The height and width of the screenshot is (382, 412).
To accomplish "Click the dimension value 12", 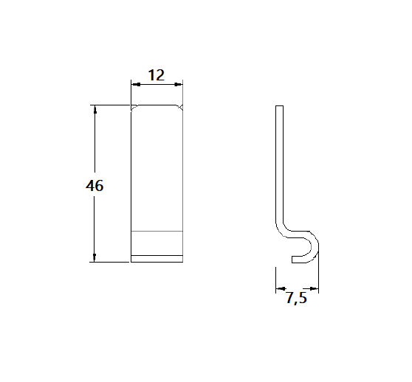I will coord(156,74).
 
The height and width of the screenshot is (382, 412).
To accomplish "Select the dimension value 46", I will coord(95,186).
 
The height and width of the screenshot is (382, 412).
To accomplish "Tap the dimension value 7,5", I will coord(296,299).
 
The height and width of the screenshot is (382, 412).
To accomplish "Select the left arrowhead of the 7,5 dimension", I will coord(278,288).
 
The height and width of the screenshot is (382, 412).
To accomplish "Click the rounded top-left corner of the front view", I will coord(134,108).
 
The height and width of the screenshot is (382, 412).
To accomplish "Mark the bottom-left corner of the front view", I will coord(131,261).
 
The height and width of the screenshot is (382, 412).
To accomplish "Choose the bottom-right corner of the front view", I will coord(182,261).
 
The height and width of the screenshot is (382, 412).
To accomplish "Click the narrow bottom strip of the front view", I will coord(157,258).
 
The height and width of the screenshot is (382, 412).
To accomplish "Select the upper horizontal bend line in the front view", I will coord(157,232).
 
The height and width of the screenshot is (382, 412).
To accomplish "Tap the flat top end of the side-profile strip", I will coord(278,106).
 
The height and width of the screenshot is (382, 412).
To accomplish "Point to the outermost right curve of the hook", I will coord(318,247).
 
